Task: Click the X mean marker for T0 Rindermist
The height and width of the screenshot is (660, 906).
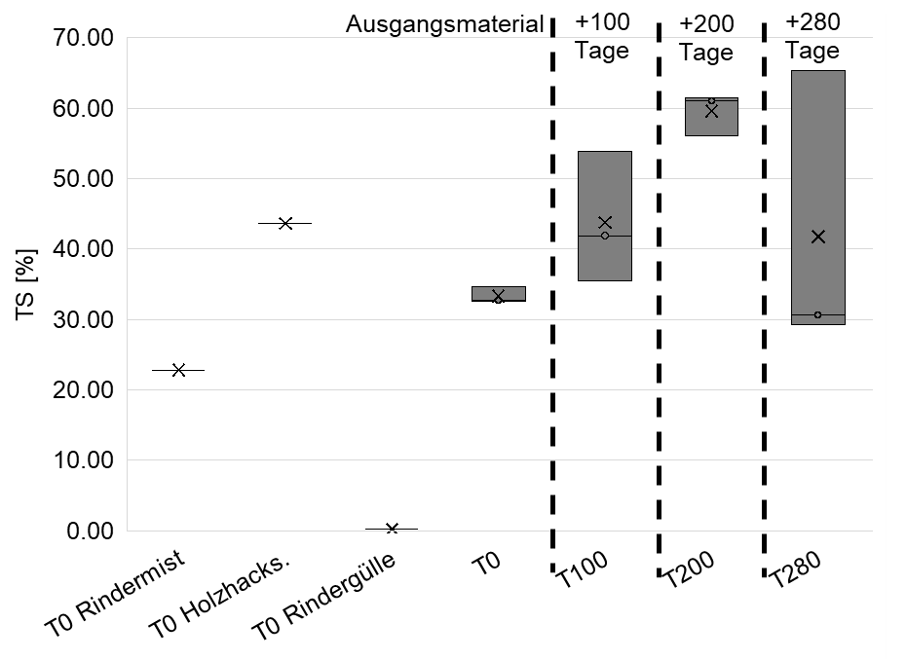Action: click(178, 370)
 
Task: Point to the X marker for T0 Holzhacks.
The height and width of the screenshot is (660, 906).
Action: click(285, 223)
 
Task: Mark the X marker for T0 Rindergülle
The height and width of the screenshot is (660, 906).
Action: click(392, 529)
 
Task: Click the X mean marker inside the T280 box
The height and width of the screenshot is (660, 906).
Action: click(818, 237)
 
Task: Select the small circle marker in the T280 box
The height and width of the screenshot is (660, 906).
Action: click(817, 314)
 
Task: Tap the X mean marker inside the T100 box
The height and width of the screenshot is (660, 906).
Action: click(605, 223)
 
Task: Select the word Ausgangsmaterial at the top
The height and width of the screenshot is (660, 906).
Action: click(444, 24)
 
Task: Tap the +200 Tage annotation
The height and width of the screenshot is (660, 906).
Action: click(706, 38)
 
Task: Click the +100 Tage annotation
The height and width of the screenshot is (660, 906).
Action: click(602, 36)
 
